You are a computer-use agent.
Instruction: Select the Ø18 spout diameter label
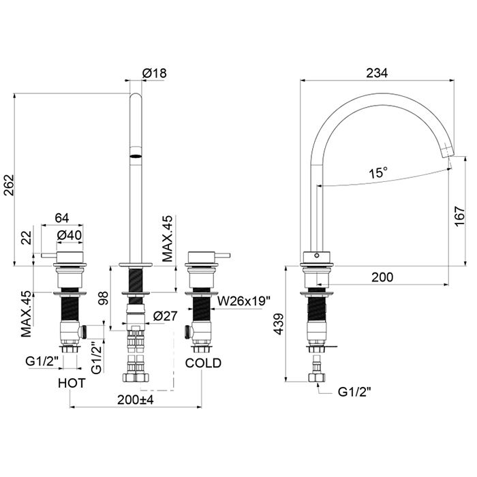155,74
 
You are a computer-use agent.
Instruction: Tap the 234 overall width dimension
377,73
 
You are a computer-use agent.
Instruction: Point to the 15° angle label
378,173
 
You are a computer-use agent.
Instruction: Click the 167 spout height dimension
460,216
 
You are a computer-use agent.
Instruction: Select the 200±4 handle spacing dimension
136,400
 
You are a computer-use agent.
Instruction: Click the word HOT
72,383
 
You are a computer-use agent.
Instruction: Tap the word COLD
203,363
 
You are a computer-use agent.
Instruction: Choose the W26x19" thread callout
244,301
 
